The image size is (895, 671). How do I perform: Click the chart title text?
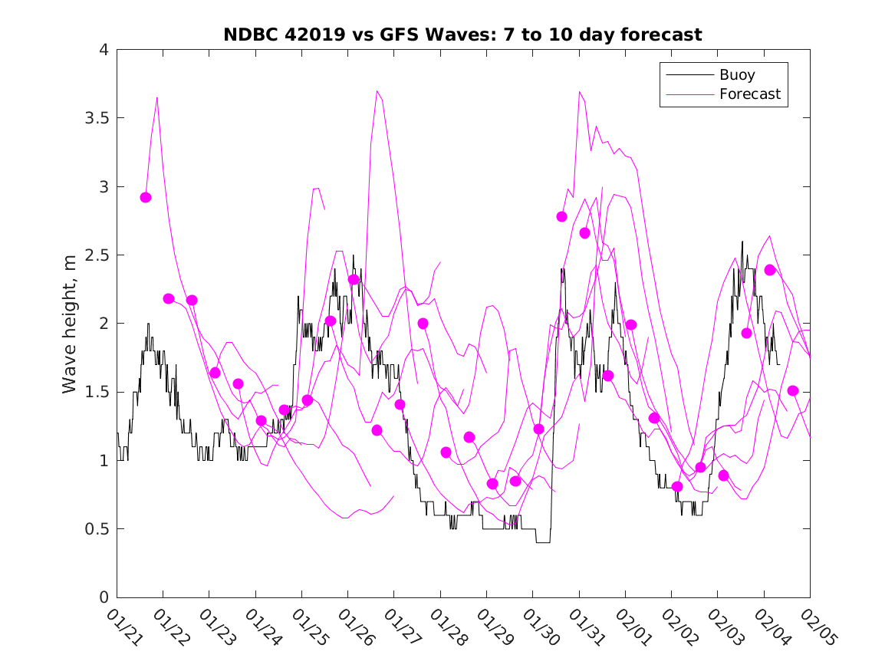(x=462, y=35)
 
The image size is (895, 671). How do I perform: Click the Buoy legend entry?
(x=737, y=75)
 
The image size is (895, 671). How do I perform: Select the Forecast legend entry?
(x=750, y=94)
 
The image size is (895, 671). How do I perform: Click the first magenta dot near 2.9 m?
(x=146, y=197)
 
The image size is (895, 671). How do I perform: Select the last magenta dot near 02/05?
(x=793, y=390)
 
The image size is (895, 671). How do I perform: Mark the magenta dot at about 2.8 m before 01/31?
(x=561, y=216)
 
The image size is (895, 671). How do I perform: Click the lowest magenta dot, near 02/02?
(x=677, y=486)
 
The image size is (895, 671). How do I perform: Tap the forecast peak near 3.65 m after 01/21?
(x=157, y=97)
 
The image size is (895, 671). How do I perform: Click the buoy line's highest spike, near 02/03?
(x=742, y=242)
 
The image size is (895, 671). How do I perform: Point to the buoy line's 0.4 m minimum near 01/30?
(x=543, y=542)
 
